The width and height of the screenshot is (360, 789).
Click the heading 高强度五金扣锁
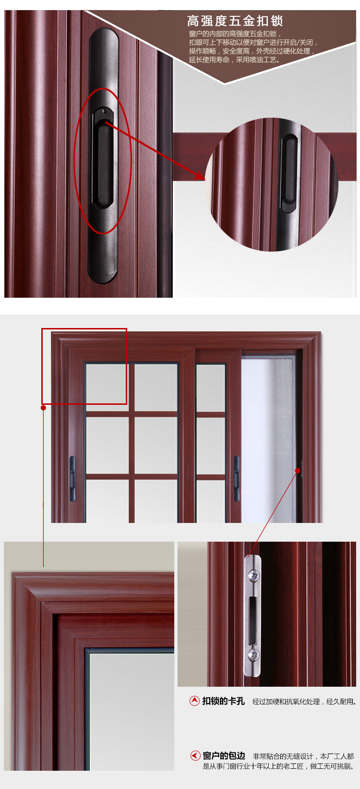point(235,21)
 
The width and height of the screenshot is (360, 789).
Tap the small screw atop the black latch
point(104,111)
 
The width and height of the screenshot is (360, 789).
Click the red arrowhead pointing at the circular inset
point(200,175)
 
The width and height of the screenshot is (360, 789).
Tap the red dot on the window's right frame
point(298,471)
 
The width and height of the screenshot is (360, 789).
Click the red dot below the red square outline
point(43,408)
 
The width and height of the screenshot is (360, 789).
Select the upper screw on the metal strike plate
point(253,576)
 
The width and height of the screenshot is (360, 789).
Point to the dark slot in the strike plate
point(252,615)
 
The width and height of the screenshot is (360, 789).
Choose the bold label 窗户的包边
point(224,755)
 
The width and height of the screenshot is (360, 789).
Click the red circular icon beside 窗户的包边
point(195,755)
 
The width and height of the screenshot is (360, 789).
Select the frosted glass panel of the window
point(267,440)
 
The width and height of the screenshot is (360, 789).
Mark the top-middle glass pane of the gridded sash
point(156,387)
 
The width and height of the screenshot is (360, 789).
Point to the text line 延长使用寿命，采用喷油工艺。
point(235,60)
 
